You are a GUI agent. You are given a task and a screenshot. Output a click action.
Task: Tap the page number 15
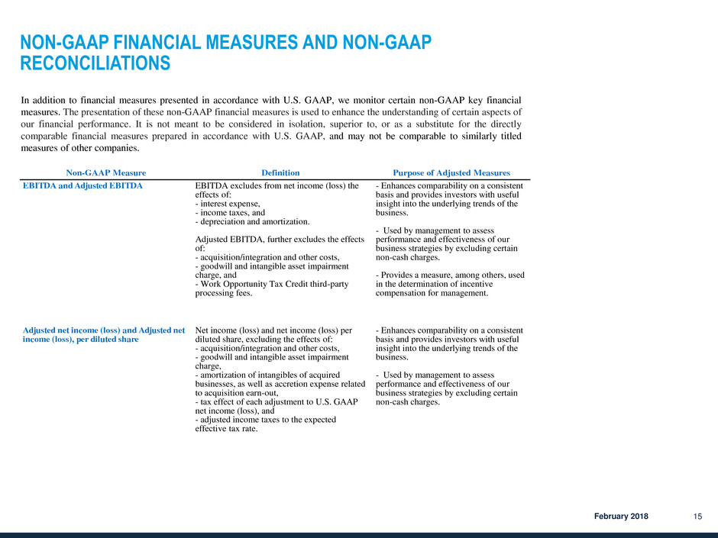[697, 517]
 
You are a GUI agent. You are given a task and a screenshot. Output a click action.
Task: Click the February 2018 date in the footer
[622, 517]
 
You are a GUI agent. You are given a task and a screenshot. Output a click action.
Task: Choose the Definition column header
[280, 173]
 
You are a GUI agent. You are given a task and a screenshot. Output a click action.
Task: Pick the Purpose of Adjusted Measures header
[451, 173]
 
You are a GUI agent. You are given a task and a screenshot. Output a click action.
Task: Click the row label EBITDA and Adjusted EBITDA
[76, 185]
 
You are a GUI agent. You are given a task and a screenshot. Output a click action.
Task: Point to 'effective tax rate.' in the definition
[228, 429]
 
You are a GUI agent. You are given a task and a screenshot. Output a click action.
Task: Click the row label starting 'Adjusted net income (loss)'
[103, 330]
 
